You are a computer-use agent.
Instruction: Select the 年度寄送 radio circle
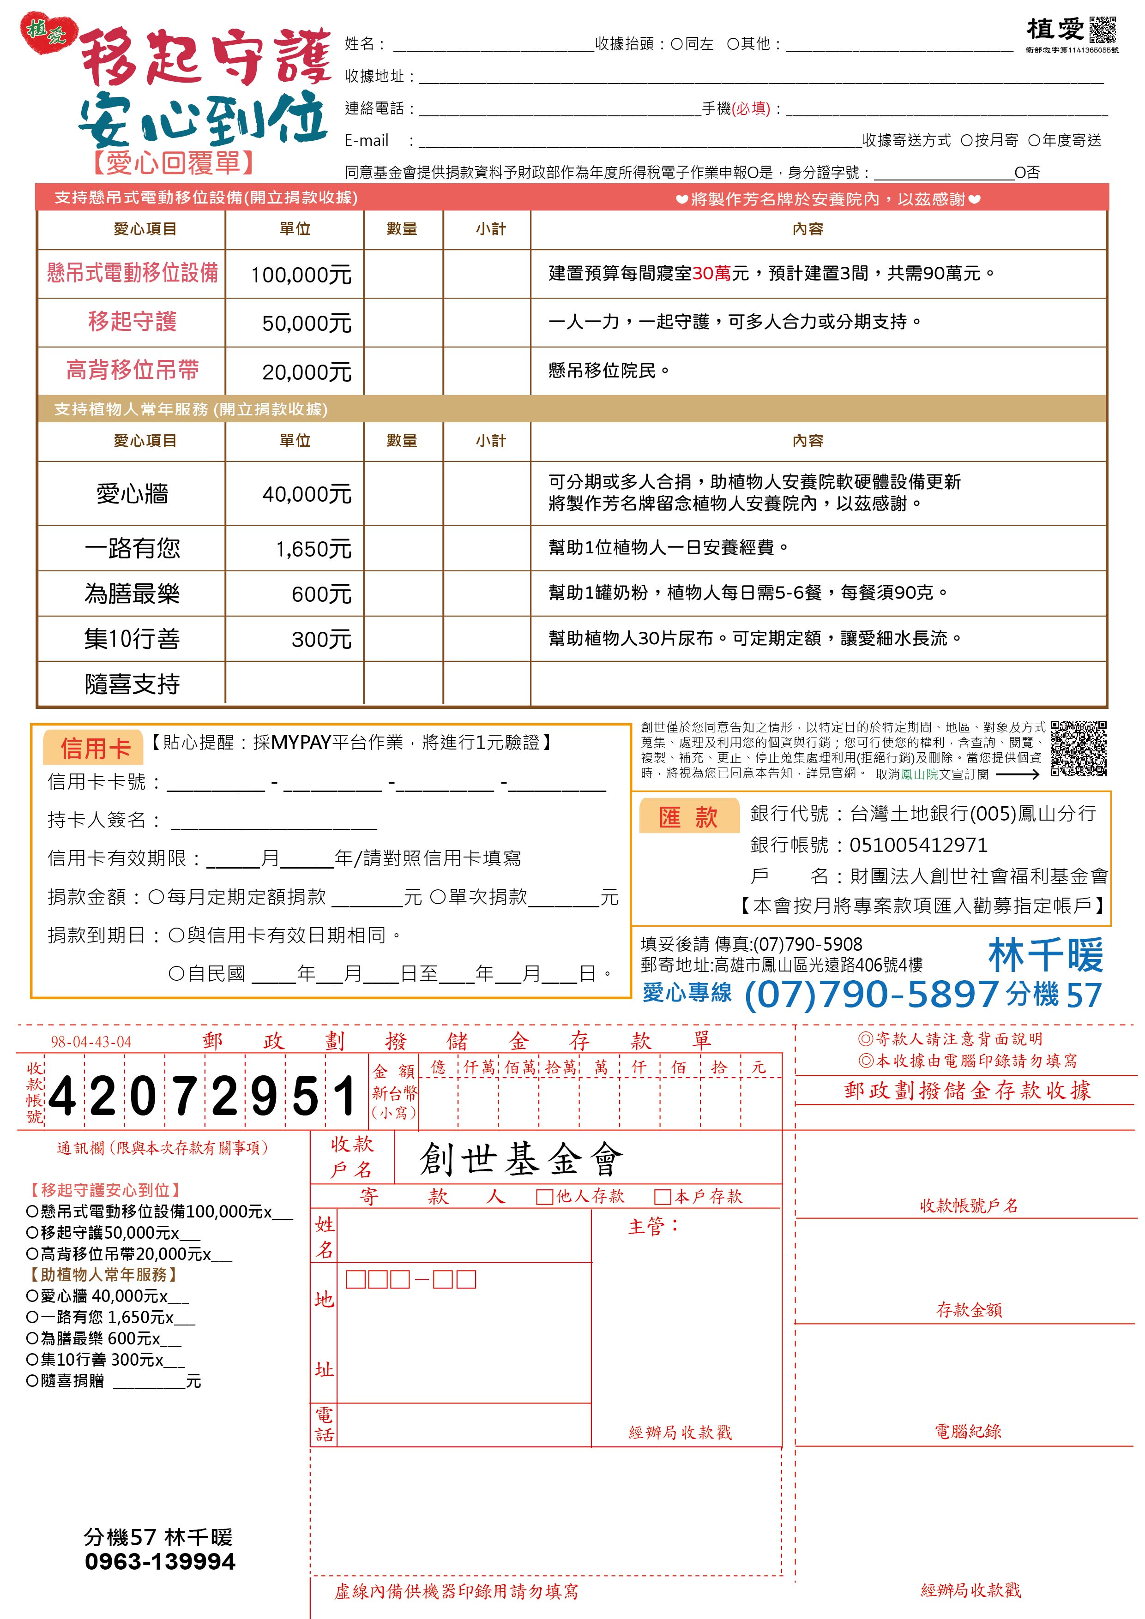click(x=1034, y=140)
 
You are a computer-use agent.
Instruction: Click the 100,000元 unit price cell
click(x=301, y=274)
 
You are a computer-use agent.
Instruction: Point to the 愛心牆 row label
click(x=132, y=494)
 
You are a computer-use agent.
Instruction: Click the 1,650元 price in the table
click(x=313, y=549)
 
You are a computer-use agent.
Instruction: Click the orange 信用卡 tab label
click(x=95, y=748)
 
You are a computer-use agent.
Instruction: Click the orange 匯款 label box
click(x=688, y=816)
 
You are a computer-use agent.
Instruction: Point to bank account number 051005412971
click(x=918, y=845)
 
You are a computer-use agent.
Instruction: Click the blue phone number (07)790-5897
click(x=871, y=994)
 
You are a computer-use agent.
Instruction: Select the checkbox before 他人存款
click(x=544, y=1197)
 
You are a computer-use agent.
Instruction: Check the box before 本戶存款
click(x=662, y=1197)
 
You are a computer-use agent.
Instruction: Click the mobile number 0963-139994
click(x=160, y=1561)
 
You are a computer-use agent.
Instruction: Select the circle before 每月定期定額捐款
click(x=156, y=897)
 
